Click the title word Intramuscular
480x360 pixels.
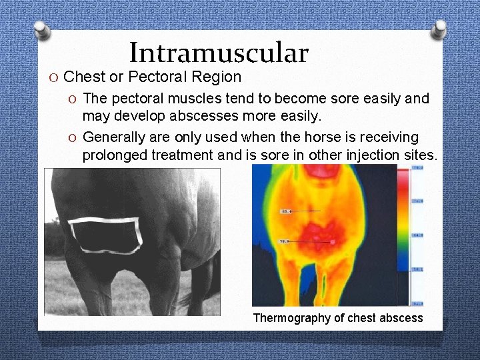219,53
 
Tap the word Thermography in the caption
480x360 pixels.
291,318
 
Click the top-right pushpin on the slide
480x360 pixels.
439,28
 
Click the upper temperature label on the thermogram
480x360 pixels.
286,211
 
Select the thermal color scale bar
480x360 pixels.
404,237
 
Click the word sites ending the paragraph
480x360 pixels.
417,156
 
